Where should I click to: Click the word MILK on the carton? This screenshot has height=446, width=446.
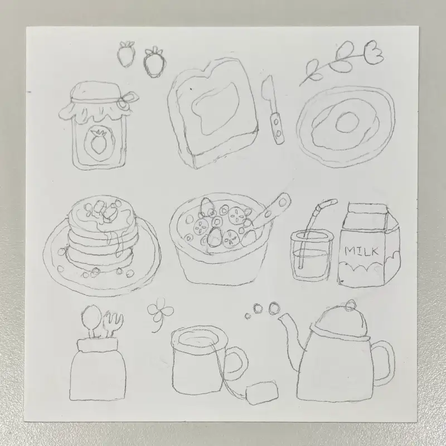click(x=361, y=251)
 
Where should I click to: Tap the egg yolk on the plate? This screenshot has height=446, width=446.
click(x=347, y=122)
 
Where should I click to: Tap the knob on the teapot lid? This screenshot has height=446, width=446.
click(x=350, y=305)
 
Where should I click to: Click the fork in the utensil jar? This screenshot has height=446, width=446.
click(x=113, y=324)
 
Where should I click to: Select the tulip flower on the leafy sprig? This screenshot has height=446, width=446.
click(x=374, y=52)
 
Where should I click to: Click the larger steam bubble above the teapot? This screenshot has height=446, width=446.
click(x=274, y=308)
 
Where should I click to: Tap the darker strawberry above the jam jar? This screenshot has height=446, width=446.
click(x=154, y=62)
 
